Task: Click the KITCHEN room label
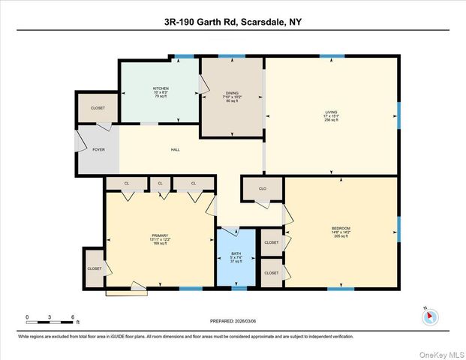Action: click(161, 88)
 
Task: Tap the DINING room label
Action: click(232, 93)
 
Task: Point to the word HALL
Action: click(175, 149)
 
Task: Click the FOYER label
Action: click(98, 149)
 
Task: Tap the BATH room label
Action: click(236, 253)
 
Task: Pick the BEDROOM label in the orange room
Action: click(341, 228)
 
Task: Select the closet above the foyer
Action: click(98, 108)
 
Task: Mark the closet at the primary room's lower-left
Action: click(95, 268)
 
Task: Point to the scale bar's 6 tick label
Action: click(72, 317)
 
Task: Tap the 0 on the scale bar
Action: click(27, 317)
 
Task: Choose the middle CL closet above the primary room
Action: click(160, 183)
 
